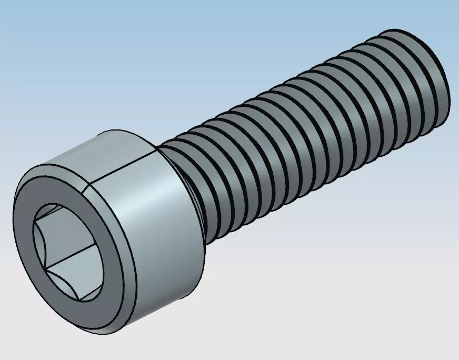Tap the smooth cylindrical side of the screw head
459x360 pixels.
(158, 221)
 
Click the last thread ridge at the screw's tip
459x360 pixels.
(421, 79)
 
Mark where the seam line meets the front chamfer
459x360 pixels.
(84, 186)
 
